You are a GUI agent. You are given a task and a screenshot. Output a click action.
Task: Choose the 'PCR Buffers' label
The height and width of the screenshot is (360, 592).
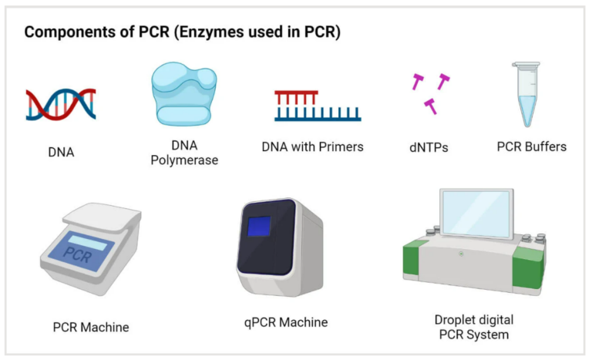(x=531, y=146)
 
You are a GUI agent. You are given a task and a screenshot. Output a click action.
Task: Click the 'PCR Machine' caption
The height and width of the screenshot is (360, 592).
(x=91, y=327)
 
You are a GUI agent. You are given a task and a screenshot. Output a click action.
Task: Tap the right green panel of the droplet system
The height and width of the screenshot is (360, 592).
(x=531, y=261)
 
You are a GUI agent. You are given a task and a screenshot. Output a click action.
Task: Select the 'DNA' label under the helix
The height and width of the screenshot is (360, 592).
(x=61, y=153)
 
